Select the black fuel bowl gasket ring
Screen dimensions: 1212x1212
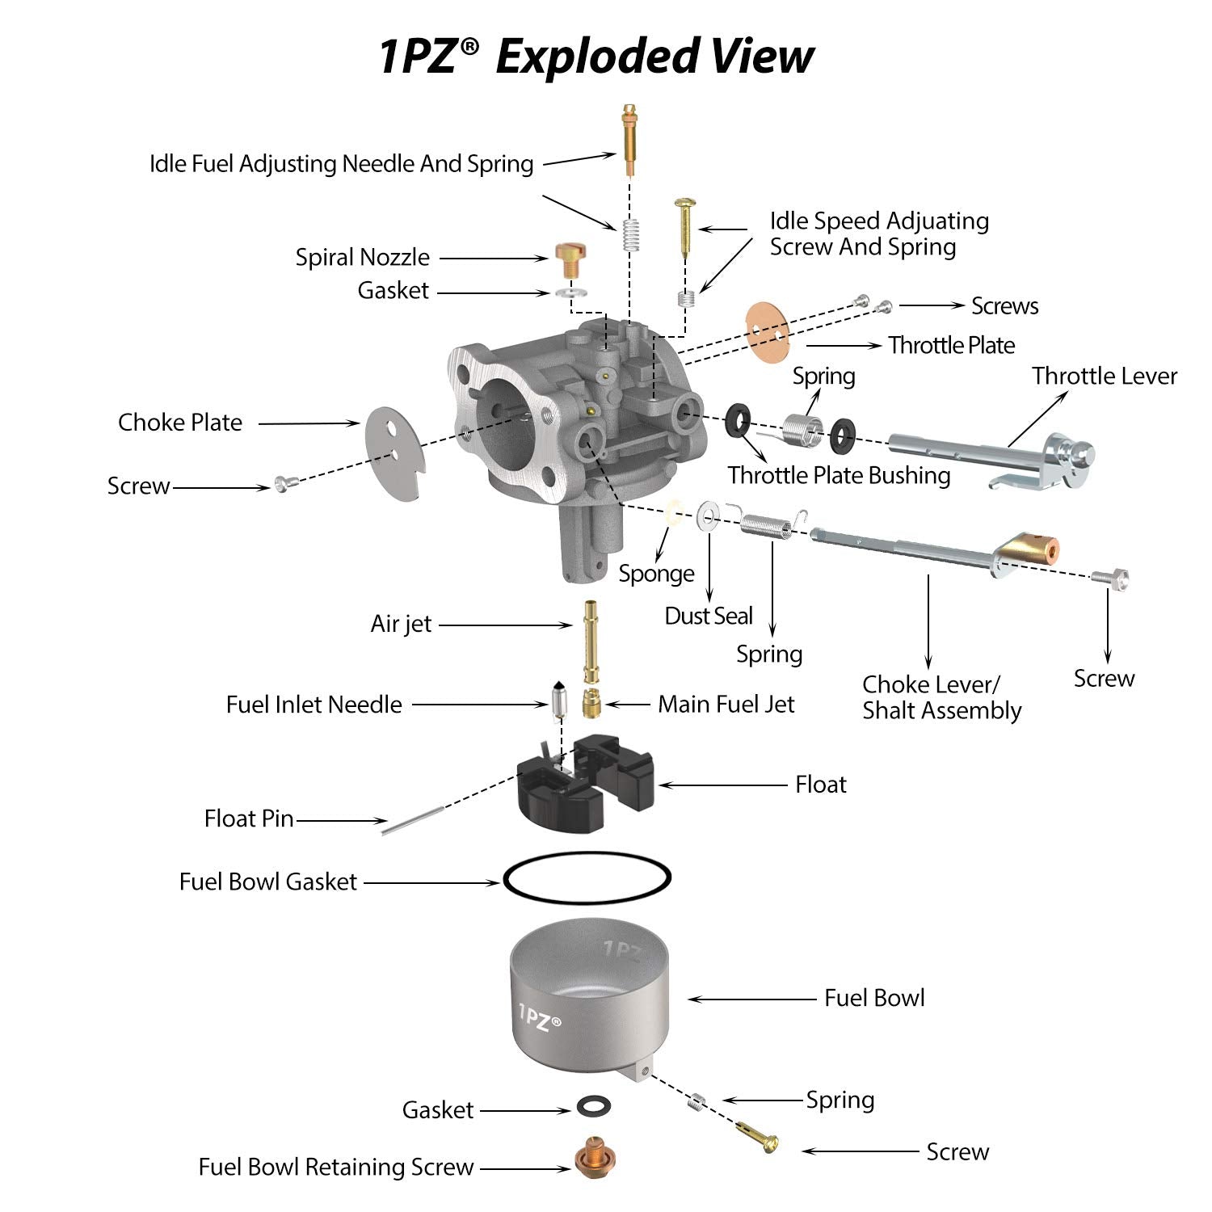click(x=587, y=877)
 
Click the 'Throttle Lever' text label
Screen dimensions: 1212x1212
click(x=1104, y=377)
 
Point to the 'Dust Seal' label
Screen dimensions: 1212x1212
click(x=709, y=617)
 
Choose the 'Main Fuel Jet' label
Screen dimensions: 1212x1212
click(x=726, y=705)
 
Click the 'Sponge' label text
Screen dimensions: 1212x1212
click(x=656, y=574)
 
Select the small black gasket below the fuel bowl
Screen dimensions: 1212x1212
click(x=594, y=1106)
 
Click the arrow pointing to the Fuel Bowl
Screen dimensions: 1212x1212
click(x=751, y=999)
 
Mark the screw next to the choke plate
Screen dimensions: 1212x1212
click(x=285, y=483)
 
